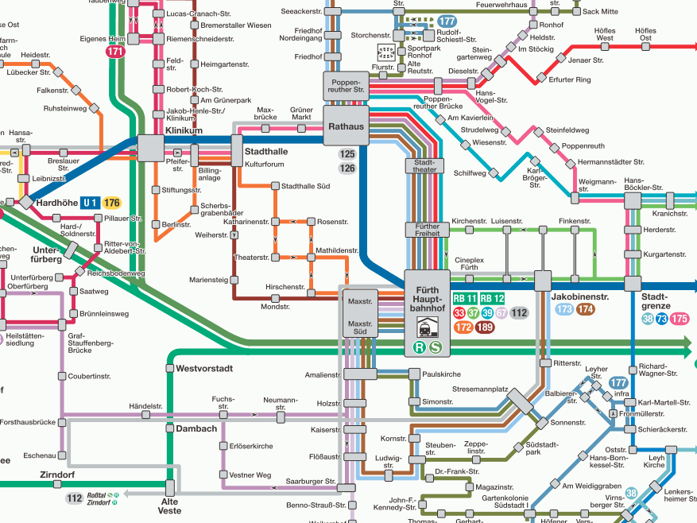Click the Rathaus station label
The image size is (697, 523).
click(x=346, y=126)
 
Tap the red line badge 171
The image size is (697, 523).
click(x=115, y=52)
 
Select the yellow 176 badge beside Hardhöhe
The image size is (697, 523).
click(x=111, y=203)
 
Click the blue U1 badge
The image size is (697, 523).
click(x=90, y=203)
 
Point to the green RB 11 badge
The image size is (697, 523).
click(x=464, y=299)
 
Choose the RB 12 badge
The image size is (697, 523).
click(x=493, y=299)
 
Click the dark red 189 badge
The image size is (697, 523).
click(x=484, y=327)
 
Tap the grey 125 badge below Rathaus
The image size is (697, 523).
click(x=347, y=154)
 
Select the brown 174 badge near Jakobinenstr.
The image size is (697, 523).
click(x=586, y=310)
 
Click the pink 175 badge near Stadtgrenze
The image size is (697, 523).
click(x=679, y=319)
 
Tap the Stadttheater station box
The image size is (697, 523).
click(x=425, y=166)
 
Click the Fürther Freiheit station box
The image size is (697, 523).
click(x=428, y=231)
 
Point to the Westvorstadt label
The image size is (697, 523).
click(x=203, y=369)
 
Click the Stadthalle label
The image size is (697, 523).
click(x=266, y=151)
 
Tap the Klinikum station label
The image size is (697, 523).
click(x=184, y=130)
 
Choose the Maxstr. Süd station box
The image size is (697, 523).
click(x=361, y=327)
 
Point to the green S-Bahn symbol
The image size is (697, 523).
click(x=436, y=347)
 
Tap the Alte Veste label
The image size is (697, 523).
click(x=170, y=506)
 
